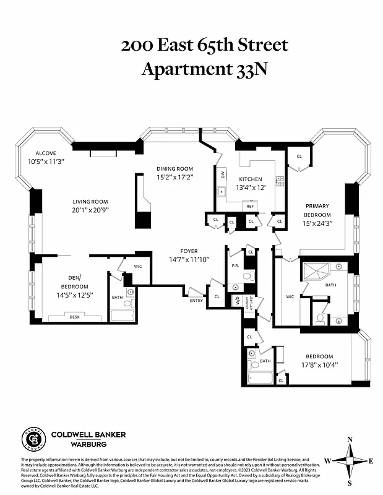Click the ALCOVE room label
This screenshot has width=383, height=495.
46,153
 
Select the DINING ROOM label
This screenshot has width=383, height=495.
174,169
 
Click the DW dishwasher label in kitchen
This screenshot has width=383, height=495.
222,175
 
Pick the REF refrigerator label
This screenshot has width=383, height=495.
251,206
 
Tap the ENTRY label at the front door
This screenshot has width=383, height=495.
196,301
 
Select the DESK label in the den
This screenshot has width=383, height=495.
75,317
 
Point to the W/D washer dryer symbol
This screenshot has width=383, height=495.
235,300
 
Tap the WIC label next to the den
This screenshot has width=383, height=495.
138,266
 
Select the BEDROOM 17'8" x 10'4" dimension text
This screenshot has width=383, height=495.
319,365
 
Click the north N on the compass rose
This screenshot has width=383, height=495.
350,440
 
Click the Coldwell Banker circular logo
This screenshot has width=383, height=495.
33,439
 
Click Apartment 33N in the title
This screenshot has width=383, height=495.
205,69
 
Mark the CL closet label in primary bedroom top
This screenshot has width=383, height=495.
299,157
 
